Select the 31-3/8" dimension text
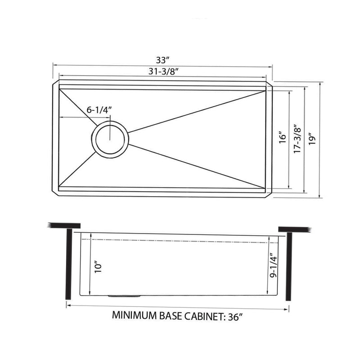(163, 71)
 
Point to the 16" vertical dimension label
(282, 137)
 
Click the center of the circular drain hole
(111, 138)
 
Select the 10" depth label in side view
(99, 267)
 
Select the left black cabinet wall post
(69, 264)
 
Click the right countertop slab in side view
(295, 229)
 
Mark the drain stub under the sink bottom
(123, 296)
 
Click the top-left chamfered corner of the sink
(55, 84)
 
